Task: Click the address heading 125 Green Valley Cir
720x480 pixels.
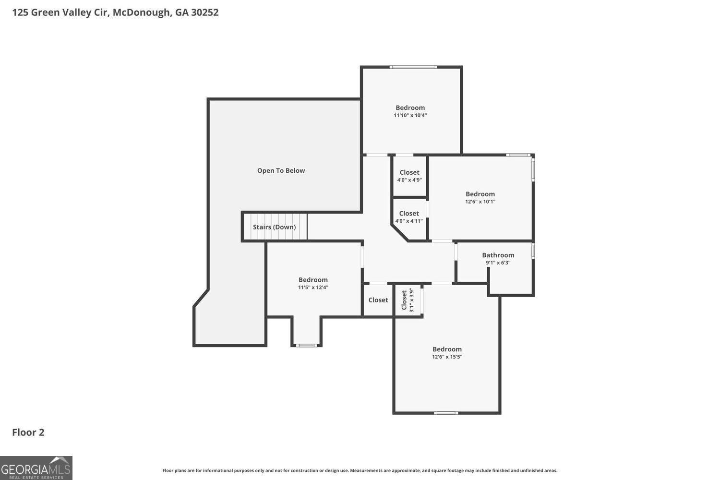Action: pos(115,12)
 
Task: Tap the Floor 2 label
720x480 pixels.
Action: pos(28,432)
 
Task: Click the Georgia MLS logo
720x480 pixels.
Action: pos(36,468)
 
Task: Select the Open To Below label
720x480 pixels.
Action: pos(281,170)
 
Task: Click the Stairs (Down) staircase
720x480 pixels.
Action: pos(275,227)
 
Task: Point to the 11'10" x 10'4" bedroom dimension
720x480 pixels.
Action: pos(410,115)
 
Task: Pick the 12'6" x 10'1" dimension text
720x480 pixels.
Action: pos(480,202)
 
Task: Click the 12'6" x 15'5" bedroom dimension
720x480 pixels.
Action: pos(447,357)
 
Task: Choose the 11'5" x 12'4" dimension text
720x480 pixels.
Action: pos(313,287)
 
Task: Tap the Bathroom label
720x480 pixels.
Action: pos(498,255)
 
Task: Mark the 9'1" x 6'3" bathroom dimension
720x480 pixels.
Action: pos(498,263)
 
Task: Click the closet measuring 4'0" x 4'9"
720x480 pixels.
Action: pos(409,176)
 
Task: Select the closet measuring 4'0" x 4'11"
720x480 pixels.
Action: pos(409,217)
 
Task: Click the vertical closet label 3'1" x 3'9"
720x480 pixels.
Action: pos(408,300)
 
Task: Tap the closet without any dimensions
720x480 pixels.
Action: pos(378,300)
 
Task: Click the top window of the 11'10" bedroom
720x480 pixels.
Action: pos(413,67)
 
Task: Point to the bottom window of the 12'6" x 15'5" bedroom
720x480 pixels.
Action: pos(446,413)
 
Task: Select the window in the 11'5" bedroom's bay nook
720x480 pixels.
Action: pos(306,345)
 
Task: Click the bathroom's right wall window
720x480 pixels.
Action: pos(533,252)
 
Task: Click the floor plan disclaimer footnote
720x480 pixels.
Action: pos(360,470)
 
